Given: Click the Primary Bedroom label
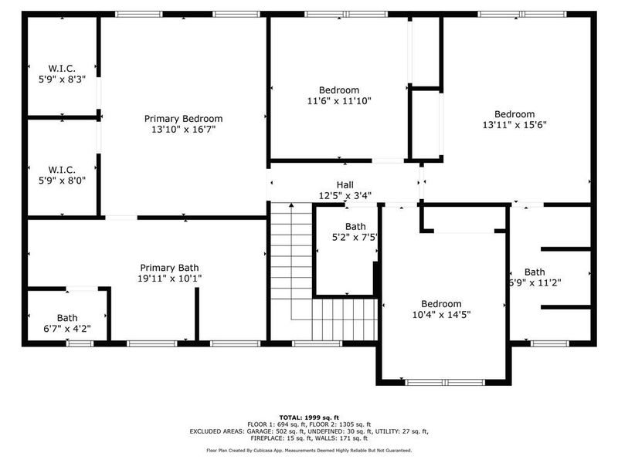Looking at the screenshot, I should (x=183, y=119).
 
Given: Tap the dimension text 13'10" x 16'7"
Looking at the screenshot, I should (x=183, y=130).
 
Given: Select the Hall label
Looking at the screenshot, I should (x=345, y=185).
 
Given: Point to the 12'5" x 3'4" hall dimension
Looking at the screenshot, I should (x=345, y=196).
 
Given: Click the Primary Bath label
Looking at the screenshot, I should (x=169, y=267).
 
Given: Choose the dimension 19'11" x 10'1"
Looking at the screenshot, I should (x=169, y=279).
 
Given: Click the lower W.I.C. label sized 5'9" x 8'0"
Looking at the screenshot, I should (x=61, y=169).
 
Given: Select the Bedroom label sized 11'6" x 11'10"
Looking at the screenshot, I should (x=339, y=90).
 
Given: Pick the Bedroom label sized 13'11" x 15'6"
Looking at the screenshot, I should (x=514, y=114).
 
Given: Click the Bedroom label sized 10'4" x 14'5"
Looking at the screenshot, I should (x=441, y=303).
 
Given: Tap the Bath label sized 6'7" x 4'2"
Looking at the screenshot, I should (x=67, y=318).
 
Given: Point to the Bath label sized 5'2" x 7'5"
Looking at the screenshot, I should (x=355, y=226).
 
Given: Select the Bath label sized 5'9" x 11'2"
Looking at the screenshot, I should (x=535, y=272).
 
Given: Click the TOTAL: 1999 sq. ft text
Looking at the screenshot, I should (x=309, y=416).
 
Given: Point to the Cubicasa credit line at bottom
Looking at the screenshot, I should (x=309, y=450).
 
